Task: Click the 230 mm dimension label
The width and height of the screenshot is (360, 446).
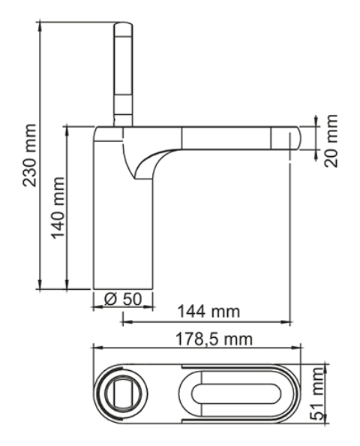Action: click(29, 155)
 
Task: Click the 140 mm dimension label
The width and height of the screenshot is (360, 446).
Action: click(58, 208)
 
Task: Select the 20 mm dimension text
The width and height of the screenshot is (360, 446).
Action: click(331, 140)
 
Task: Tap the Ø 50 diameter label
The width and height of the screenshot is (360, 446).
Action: click(123, 299)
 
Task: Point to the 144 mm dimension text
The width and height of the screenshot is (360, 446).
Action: click(208, 311)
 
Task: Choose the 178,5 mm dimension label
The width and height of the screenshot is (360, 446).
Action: click(214, 339)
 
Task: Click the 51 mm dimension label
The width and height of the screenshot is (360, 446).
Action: click(316, 393)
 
